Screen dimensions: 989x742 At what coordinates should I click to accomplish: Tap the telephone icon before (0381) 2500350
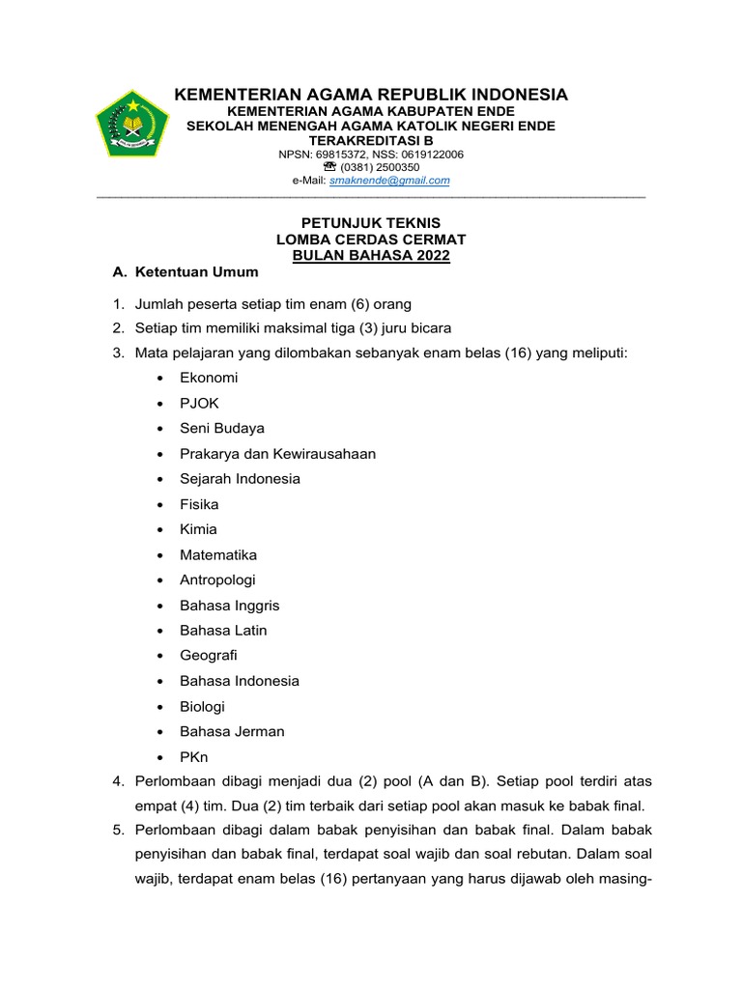pyautogui.click(x=329, y=167)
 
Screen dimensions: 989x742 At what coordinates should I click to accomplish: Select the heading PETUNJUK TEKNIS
pyautogui.click(x=371, y=222)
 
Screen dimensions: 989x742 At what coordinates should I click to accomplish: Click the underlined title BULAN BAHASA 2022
pyautogui.click(x=371, y=255)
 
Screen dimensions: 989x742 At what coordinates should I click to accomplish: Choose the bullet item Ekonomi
pyautogui.click(x=209, y=378)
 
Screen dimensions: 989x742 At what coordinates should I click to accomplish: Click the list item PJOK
pyautogui.click(x=199, y=403)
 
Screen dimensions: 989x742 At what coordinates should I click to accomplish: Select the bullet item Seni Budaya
pyautogui.click(x=222, y=428)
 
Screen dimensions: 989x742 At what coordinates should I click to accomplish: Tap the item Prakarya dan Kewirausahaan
pyautogui.click(x=277, y=454)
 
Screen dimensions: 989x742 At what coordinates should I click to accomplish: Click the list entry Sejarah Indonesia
pyautogui.click(x=240, y=479)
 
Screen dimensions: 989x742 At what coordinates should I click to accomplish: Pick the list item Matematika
pyautogui.click(x=218, y=554)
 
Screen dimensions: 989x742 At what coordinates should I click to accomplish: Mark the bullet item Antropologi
pyautogui.click(x=217, y=579)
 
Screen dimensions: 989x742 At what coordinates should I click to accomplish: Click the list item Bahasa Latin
pyautogui.click(x=223, y=631)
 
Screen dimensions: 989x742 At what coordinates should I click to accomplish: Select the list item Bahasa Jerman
pyautogui.click(x=232, y=731)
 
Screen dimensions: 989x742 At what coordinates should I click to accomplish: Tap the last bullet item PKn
pyautogui.click(x=193, y=756)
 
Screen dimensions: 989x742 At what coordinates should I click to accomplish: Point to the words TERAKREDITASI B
pyautogui.click(x=371, y=140)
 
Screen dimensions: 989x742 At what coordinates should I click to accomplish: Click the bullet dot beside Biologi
pyautogui.click(x=158, y=706)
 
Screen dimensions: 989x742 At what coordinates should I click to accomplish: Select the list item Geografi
pyautogui.click(x=209, y=656)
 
